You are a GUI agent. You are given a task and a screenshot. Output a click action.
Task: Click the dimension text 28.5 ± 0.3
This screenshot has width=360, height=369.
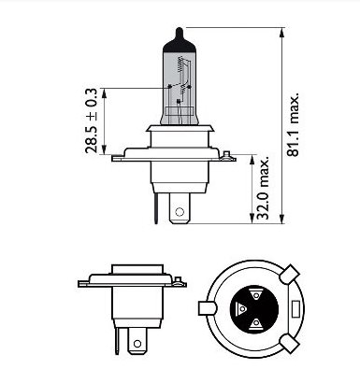(92, 121)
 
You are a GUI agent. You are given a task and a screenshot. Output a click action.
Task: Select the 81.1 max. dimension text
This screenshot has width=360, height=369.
(293, 124)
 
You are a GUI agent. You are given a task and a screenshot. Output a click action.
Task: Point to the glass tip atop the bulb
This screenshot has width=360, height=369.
(180, 35)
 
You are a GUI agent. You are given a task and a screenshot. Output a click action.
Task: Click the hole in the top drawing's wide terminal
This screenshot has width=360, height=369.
(179, 212)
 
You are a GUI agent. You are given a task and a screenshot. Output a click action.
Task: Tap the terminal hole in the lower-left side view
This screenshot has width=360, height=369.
(137, 344)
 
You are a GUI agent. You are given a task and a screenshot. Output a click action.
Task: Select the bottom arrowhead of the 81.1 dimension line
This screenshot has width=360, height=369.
(282, 219)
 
